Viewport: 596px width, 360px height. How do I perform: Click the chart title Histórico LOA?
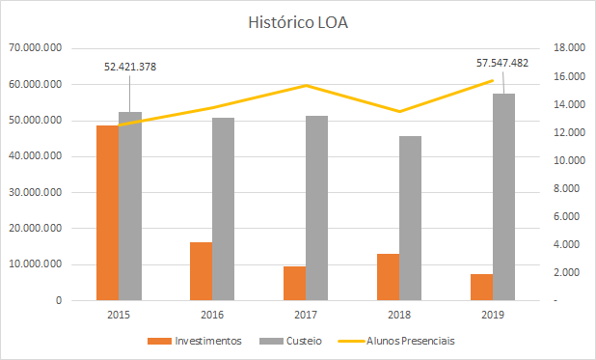[297, 21]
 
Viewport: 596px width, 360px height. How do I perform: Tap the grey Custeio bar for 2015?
[130, 207]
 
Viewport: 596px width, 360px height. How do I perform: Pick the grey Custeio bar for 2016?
[224, 208]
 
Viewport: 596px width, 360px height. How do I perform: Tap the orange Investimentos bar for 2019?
[481, 287]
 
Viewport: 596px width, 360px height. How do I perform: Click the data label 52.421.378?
[130, 67]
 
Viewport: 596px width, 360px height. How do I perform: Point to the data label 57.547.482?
[502, 63]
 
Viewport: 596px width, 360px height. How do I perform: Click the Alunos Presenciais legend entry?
[400, 341]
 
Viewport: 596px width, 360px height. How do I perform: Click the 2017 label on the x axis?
[306, 315]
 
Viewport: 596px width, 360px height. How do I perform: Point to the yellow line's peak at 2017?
[306, 86]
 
